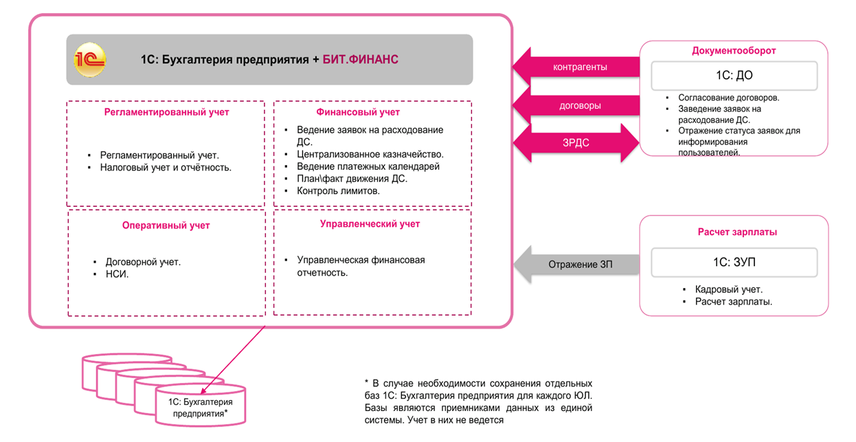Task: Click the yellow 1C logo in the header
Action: tap(91, 59)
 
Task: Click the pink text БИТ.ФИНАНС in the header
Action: tap(360, 60)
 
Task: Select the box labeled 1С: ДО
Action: tap(734, 76)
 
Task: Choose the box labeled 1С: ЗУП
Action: tap(734, 262)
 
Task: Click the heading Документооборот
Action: tap(734, 51)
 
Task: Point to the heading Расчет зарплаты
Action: tap(733, 232)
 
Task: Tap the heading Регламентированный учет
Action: tap(166, 112)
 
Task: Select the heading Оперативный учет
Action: tap(166, 225)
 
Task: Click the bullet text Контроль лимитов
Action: tap(338, 191)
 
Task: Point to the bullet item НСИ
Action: tap(117, 274)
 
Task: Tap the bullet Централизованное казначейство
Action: tap(370, 154)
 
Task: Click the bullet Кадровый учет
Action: tap(728, 289)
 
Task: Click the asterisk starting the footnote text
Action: tap(367, 382)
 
